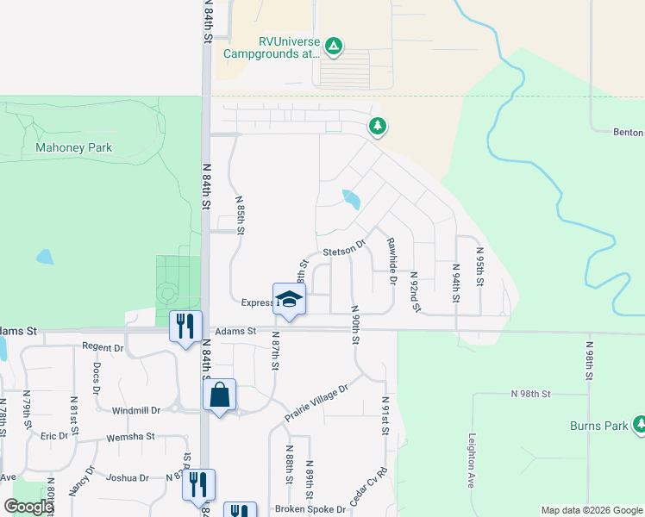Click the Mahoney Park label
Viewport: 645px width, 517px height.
(x=73, y=147)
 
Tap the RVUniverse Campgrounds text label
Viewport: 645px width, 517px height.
(x=272, y=47)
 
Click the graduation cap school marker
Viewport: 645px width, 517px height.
(x=289, y=300)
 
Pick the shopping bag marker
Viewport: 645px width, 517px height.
(x=220, y=396)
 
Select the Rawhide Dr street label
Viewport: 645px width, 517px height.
(x=392, y=260)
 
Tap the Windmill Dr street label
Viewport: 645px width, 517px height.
(x=130, y=410)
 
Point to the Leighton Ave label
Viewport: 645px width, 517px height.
(x=473, y=461)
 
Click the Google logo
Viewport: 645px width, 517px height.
(x=28, y=507)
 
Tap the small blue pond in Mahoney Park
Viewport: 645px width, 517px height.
(x=44, y=257)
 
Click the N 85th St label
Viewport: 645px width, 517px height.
(x=241, y=215)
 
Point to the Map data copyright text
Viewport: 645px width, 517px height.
(x=591, y=510)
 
